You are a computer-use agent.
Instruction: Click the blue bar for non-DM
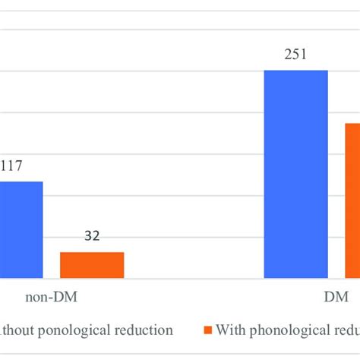pos(21,229)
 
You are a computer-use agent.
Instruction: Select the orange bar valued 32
pos(92,265)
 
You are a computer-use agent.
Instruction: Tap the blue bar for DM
pos(295,174)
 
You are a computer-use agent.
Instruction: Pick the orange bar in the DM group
pos(352,201)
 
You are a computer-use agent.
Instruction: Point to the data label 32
pos(92,236)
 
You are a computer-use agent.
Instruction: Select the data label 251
pos(295,54)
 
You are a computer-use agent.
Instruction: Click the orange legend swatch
pos(207,330)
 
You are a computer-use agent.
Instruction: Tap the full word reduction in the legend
pos(145,330)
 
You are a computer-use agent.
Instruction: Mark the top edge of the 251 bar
pos(295,71)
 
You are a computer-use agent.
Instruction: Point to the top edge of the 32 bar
pos(92,253)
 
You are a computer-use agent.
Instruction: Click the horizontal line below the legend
pos(180,353)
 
